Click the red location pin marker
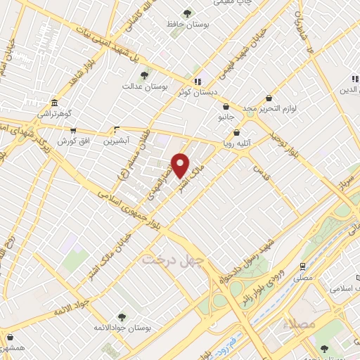(181, 166)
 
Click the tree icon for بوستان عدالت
(144, 74)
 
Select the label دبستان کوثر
(196, 91)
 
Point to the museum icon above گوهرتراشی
(56, 102)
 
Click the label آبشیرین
(117, 141)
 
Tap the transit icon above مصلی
(302, 266)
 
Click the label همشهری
(13, 348)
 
